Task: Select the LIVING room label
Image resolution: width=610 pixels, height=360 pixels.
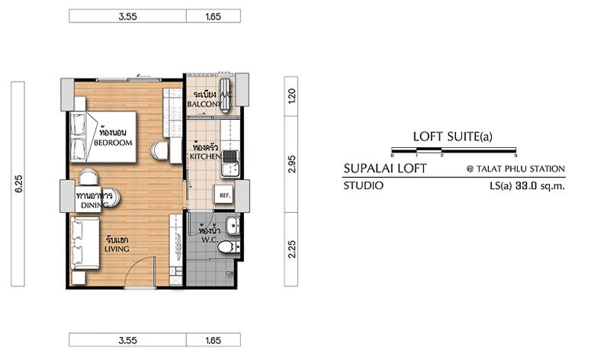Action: tap(117, 249)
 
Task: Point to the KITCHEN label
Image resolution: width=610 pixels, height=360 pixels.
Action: tap(206, 155)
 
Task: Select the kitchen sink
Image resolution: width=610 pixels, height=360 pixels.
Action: tap(230, 159)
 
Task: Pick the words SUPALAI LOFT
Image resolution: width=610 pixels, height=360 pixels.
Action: tap(384, 169)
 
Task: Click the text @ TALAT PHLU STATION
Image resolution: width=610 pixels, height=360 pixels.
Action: tap(515, 169)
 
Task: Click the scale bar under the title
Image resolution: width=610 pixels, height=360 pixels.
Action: tap(453, 150)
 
